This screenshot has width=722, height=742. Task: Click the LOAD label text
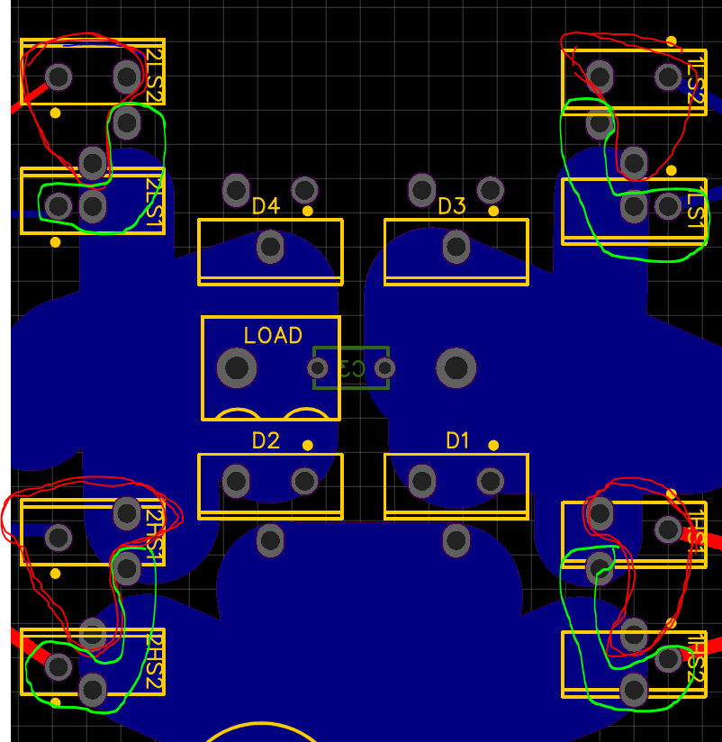point(273,336)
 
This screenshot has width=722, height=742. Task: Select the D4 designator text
point(266,207)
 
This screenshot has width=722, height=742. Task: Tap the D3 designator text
point(452,207)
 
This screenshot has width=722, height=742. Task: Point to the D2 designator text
point(266,441)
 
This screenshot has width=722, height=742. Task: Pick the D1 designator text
point(458,441)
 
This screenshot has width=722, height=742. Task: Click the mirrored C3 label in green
point(351,368)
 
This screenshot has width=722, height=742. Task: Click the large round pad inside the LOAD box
point(237,367)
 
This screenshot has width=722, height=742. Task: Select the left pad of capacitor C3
point(317,368)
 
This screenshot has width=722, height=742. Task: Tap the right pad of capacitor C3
point(385,368)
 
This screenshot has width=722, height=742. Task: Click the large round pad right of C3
point(456,367)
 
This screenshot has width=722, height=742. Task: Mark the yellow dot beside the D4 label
point(308,211)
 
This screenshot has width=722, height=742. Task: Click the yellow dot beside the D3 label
point(493,211)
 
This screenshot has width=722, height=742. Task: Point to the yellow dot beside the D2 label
point(308,445)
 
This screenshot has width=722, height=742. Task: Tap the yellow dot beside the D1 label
point(493,445)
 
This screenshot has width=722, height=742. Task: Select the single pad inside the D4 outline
point(270,247)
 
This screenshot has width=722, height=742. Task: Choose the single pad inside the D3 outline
point(456,247)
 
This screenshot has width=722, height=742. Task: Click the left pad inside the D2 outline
point(236,482)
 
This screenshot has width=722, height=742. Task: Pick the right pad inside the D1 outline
point(491,482)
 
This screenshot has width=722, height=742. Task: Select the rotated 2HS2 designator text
point(154,661)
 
